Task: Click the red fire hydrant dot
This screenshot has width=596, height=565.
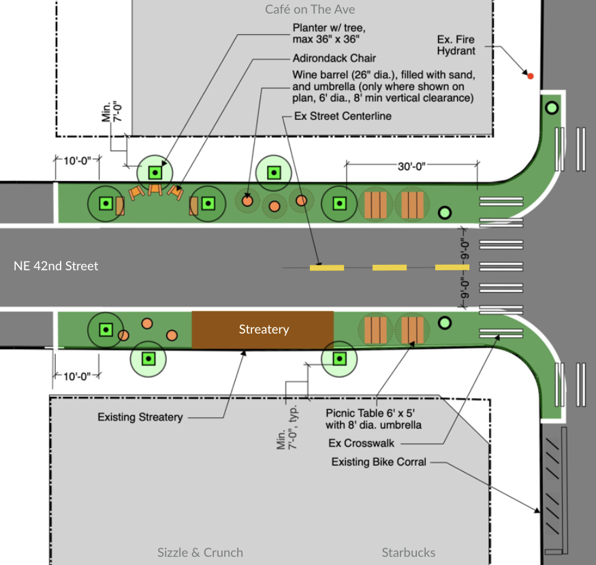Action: point(530,76)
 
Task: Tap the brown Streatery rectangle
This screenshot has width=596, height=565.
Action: point(263,329)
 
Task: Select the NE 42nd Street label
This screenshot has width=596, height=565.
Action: point(56,266)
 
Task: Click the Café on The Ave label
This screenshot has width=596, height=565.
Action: point(310,10)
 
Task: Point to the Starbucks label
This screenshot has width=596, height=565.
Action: point(408,553)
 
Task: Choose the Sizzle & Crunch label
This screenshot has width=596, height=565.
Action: point(200,553)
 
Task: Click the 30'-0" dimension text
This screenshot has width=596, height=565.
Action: point(411,166)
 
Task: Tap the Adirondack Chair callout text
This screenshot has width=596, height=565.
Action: point(334,58)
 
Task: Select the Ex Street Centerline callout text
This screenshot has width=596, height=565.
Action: point(343,116)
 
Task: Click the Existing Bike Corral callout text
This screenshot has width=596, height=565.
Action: point(379,462)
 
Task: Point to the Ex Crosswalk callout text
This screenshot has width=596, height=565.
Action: point(361,443)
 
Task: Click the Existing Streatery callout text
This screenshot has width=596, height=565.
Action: point(140,417)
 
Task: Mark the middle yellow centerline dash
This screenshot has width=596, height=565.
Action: point(389,268)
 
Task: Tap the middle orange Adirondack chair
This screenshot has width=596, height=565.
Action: point(155,189)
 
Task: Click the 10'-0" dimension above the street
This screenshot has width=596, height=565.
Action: point(77,161)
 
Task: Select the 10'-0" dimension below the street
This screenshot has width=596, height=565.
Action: point(77,376)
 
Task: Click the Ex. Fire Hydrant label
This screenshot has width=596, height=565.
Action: point(456,45)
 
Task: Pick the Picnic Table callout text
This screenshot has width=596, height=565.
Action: point(373,419)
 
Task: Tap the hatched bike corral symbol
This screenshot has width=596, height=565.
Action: point(554,490)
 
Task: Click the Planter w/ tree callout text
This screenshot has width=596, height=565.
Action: point(329,33)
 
